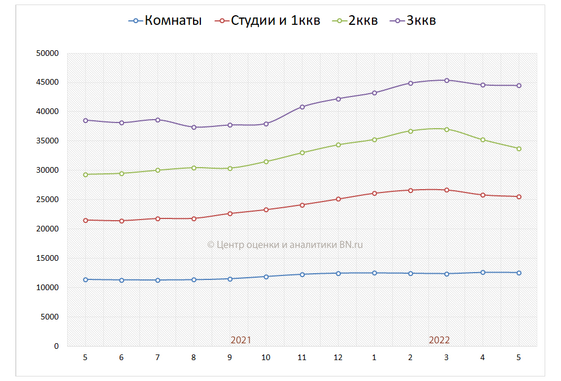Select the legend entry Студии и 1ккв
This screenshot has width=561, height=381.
coord(268,21)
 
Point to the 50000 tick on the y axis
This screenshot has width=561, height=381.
coord(47,53)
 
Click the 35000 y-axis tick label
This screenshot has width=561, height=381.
coord(47,141)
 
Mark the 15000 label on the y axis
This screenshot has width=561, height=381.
coord(47,259)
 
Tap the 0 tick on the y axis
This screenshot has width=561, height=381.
coord(56,346)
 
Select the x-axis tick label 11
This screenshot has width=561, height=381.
coord(302,357)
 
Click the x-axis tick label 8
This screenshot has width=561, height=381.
coord(194,357)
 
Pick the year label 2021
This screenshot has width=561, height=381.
coord(241,340)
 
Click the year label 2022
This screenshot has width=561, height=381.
coord(439,340)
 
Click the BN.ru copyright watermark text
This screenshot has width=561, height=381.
coord(285,244)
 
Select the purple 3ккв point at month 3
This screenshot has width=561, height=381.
coord(446,80)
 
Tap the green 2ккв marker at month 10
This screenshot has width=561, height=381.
coord(266,161)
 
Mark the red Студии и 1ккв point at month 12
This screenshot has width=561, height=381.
coord(338,199)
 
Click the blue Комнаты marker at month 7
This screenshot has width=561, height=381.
coord(157,280)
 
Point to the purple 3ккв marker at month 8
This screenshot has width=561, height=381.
coord(194,127)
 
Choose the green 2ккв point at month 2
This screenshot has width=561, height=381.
coord(410,131)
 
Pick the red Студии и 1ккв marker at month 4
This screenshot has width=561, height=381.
coord(483,195)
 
